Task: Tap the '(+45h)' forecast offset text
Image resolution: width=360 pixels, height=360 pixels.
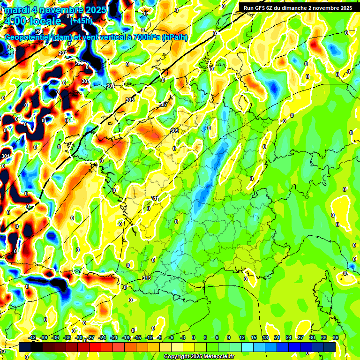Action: (x=82, y=21)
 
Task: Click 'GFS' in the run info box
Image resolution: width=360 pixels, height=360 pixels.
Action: (x=266, y=7)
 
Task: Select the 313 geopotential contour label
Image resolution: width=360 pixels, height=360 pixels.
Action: (x=146, y=278)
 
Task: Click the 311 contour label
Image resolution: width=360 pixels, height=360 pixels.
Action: (x=154, y=199)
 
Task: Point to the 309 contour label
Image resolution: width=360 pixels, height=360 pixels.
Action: (x=174, y=131)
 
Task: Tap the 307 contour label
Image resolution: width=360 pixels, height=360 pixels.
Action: (x=163, y=105)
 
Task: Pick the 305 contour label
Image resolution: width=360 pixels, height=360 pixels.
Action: (x=130, y=100)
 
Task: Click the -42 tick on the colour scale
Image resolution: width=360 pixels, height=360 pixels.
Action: (x=33, y=337)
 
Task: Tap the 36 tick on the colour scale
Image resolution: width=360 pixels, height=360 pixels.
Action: (x=336, y=337)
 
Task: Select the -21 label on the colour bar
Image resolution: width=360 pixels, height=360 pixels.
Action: (x=114, y=337)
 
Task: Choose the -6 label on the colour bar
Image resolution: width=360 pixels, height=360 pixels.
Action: (x=172, y=337)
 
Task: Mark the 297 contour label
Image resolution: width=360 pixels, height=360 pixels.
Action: (x=62, y=53)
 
